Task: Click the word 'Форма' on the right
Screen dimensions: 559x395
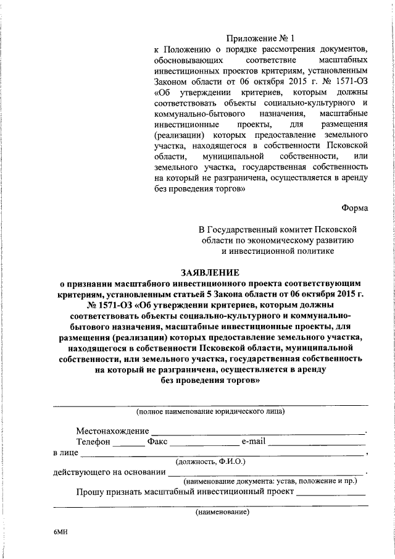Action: click(355, 208)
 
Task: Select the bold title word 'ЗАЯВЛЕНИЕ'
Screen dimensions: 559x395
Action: click(210, 271)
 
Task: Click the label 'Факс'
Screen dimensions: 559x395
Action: click(157, 442)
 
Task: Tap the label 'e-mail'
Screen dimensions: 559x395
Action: click(253, 442)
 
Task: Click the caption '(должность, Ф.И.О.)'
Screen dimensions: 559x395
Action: click(210, 461)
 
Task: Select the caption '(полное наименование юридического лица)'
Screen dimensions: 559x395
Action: click(210, 411)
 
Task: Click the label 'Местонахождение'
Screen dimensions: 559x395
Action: click(113, 430)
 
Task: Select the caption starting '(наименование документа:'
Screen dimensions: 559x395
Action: click(271, 480)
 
